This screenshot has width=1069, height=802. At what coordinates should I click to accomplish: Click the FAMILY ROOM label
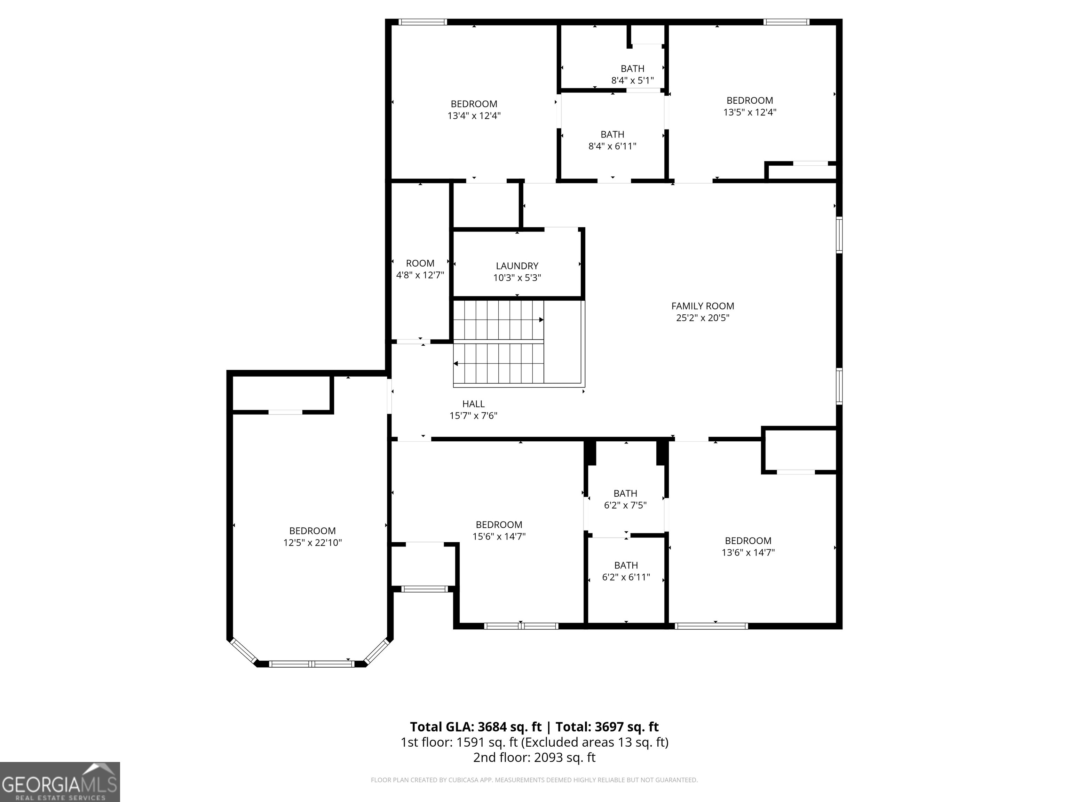tap(702, 306)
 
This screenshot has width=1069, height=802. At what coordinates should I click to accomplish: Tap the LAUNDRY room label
tap(517, 266)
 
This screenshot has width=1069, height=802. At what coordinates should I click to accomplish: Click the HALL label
tap(473, 404)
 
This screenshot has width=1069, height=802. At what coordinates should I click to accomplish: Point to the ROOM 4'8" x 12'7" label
tap(420, 269)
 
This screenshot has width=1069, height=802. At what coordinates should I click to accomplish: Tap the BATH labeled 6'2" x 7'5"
tap(625, 499)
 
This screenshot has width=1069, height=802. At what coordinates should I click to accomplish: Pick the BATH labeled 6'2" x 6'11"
tap(625, 571)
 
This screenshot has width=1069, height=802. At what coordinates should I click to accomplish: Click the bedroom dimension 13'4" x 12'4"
tap(474, 116)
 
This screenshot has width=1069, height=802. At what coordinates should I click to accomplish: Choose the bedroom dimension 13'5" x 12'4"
tap(750, 112)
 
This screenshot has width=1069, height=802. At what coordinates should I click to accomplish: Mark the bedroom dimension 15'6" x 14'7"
tap(499, 536)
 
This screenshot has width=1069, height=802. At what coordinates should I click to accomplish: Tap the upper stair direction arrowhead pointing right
tap(541, 320)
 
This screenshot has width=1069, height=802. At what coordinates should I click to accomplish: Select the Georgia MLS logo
tap(60, 782)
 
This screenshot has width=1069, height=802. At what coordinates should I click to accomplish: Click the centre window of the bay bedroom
tap(312, 664)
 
